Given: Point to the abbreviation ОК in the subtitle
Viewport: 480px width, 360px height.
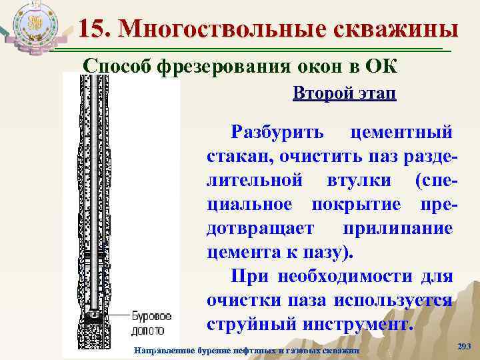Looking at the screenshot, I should click(x=380, y=67).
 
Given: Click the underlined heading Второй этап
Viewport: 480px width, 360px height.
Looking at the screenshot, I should click(x=344, y=94).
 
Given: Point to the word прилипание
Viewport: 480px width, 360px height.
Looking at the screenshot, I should click(x=398, y=229).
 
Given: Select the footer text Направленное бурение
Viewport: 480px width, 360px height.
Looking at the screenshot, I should click(x=175, y=351).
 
